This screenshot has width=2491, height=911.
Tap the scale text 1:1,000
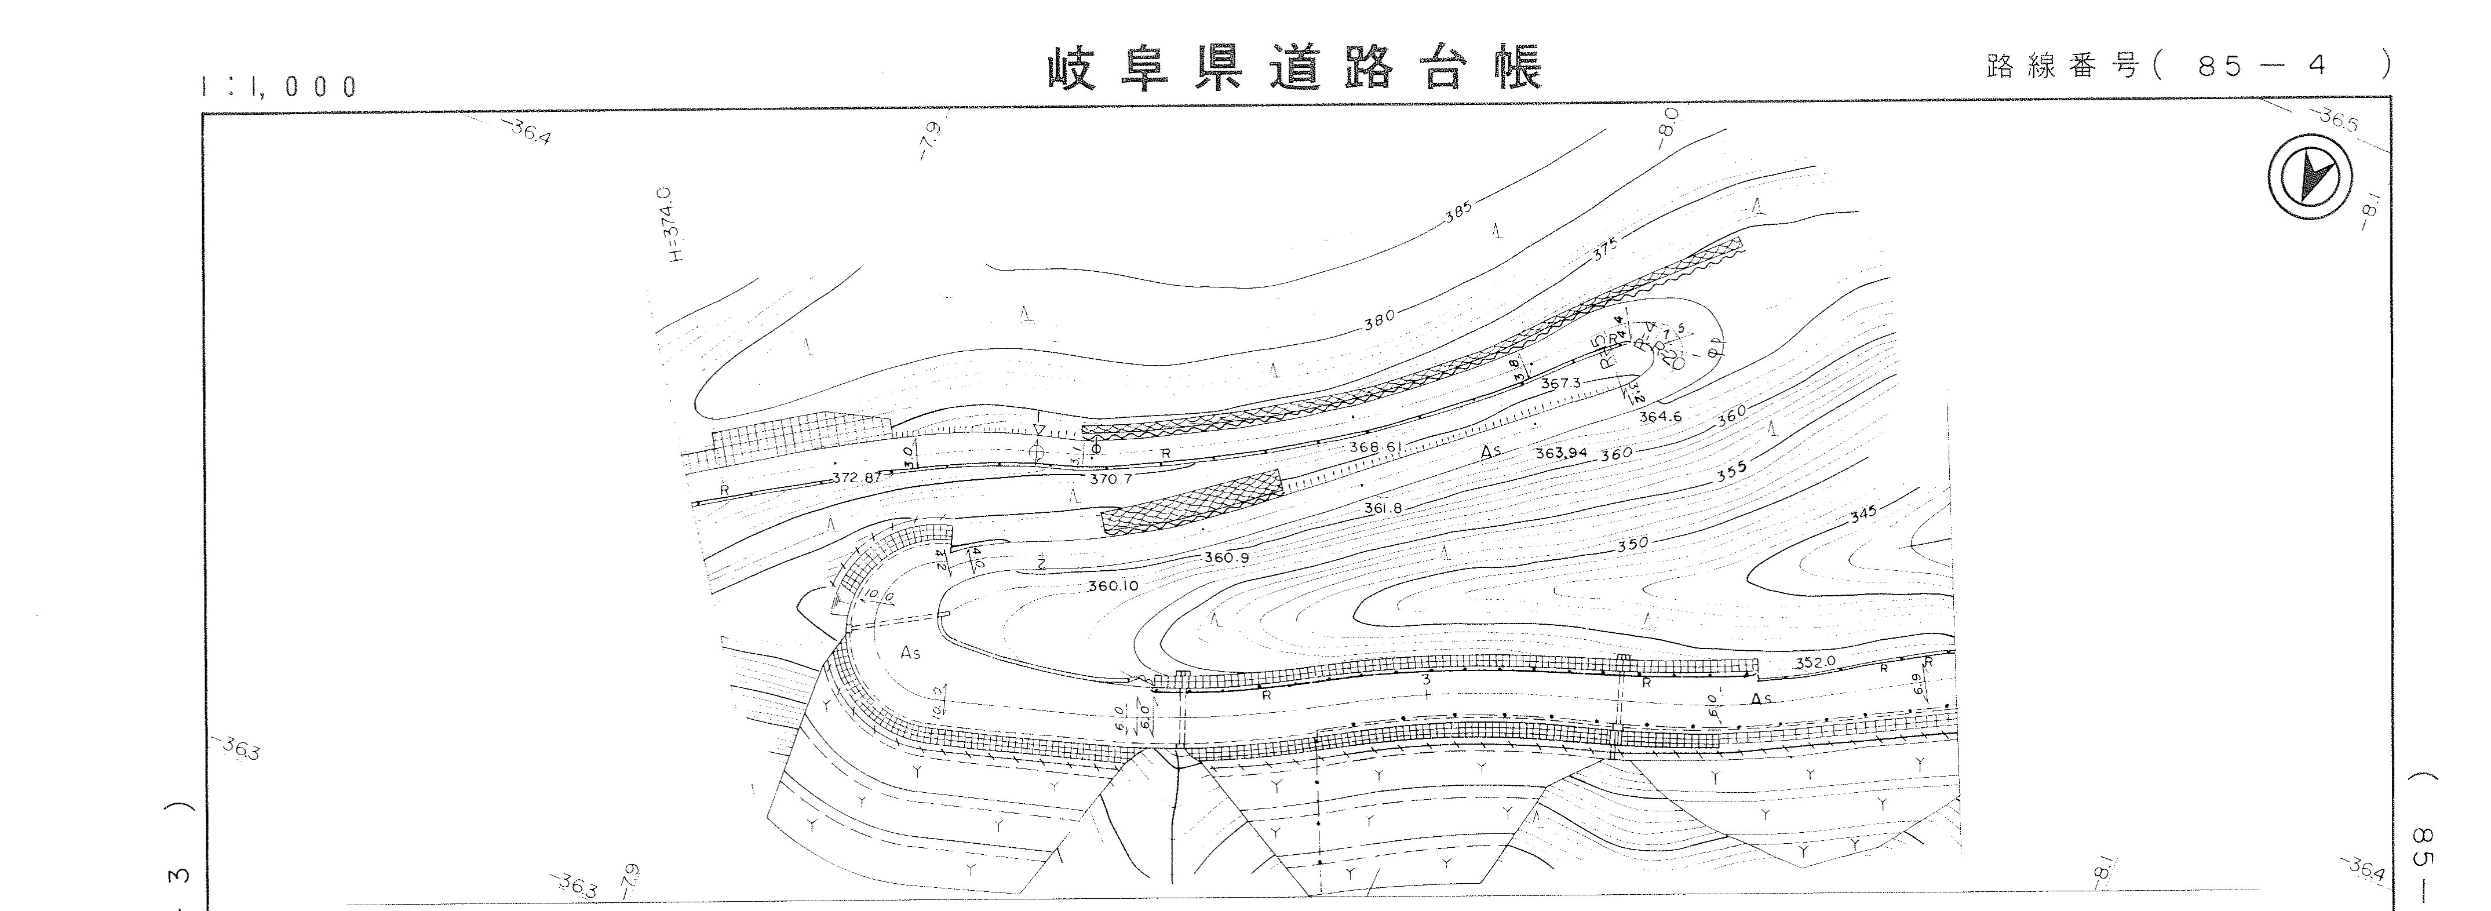click(x=279, y=87)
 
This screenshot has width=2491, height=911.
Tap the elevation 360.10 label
click(x=1113, y=586)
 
